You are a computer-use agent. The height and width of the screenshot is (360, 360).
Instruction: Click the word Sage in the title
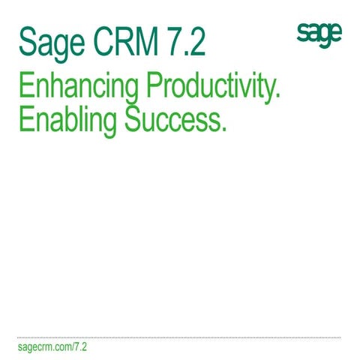pyautogui.click(x=52, y=43)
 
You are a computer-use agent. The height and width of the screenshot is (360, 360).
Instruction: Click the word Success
pyautogui.click(x=175, y=120)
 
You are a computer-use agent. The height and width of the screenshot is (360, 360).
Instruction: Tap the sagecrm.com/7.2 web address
pyautogui.click(x=52, y=349)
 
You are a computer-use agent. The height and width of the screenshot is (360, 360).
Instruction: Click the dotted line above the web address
pyautogui.click(x=180, y=337)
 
